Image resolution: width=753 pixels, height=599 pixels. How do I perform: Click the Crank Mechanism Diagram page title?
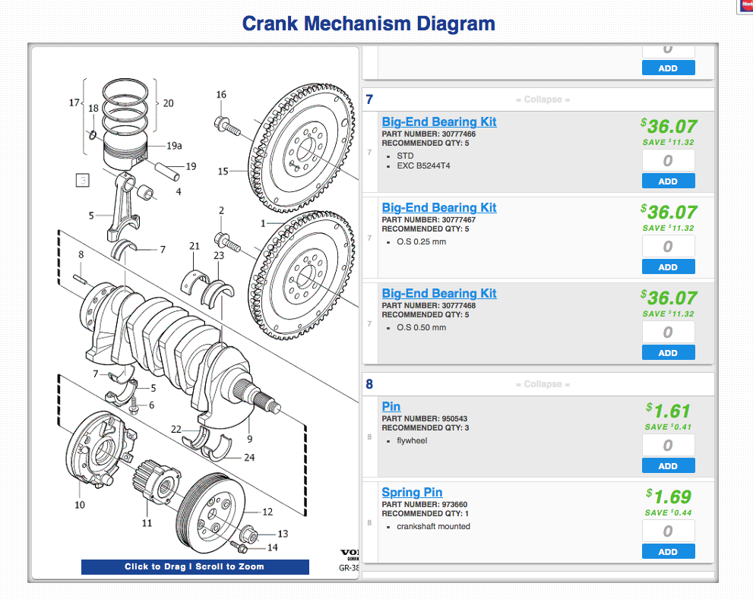pyautogui.click(x=369, y=24)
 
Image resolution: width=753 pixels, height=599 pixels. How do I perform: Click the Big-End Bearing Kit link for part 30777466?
pyautogui.click(x=438, y=121)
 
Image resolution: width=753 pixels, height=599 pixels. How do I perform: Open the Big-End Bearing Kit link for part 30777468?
pyautogui.click(x=438, y=293)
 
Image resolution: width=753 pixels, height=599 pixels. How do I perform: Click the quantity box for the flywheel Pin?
pyautogui.click(x=668, y=446)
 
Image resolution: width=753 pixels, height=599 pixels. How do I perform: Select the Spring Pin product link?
pyautogui.click(x=412, y=493)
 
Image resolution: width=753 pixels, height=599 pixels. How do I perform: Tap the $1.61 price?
pyautogui.click(x=668, y=411)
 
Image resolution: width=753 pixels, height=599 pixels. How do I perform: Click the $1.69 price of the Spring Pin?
pyautogui.click(x=668, y=497)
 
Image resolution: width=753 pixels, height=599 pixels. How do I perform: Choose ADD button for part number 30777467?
pyautogui.click(x=668, y=267)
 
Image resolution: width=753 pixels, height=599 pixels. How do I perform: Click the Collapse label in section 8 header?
pyautogui.click(x=543, y=384)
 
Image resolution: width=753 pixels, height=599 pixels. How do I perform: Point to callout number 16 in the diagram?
pyautogui.click(x=221, y=95)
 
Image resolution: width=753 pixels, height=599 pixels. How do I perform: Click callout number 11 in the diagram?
pyautogui.click(x=147, y=523)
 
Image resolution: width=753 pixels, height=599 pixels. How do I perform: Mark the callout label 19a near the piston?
pyautogui.click(x=175, y=146)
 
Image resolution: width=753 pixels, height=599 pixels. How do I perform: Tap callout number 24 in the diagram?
pyautogui.click(x=249, y=458)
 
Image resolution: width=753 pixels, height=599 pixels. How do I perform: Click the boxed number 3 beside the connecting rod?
pyautogui.click(x=82, y=181)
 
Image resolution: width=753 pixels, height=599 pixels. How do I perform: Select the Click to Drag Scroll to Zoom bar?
pyautogui.click(x=195, y=566)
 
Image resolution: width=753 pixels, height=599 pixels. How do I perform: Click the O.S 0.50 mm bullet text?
pyautogui.click(x=421, y=328)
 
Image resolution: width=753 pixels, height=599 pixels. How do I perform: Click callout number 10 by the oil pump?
pyautogui.click(x=80, y=505)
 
